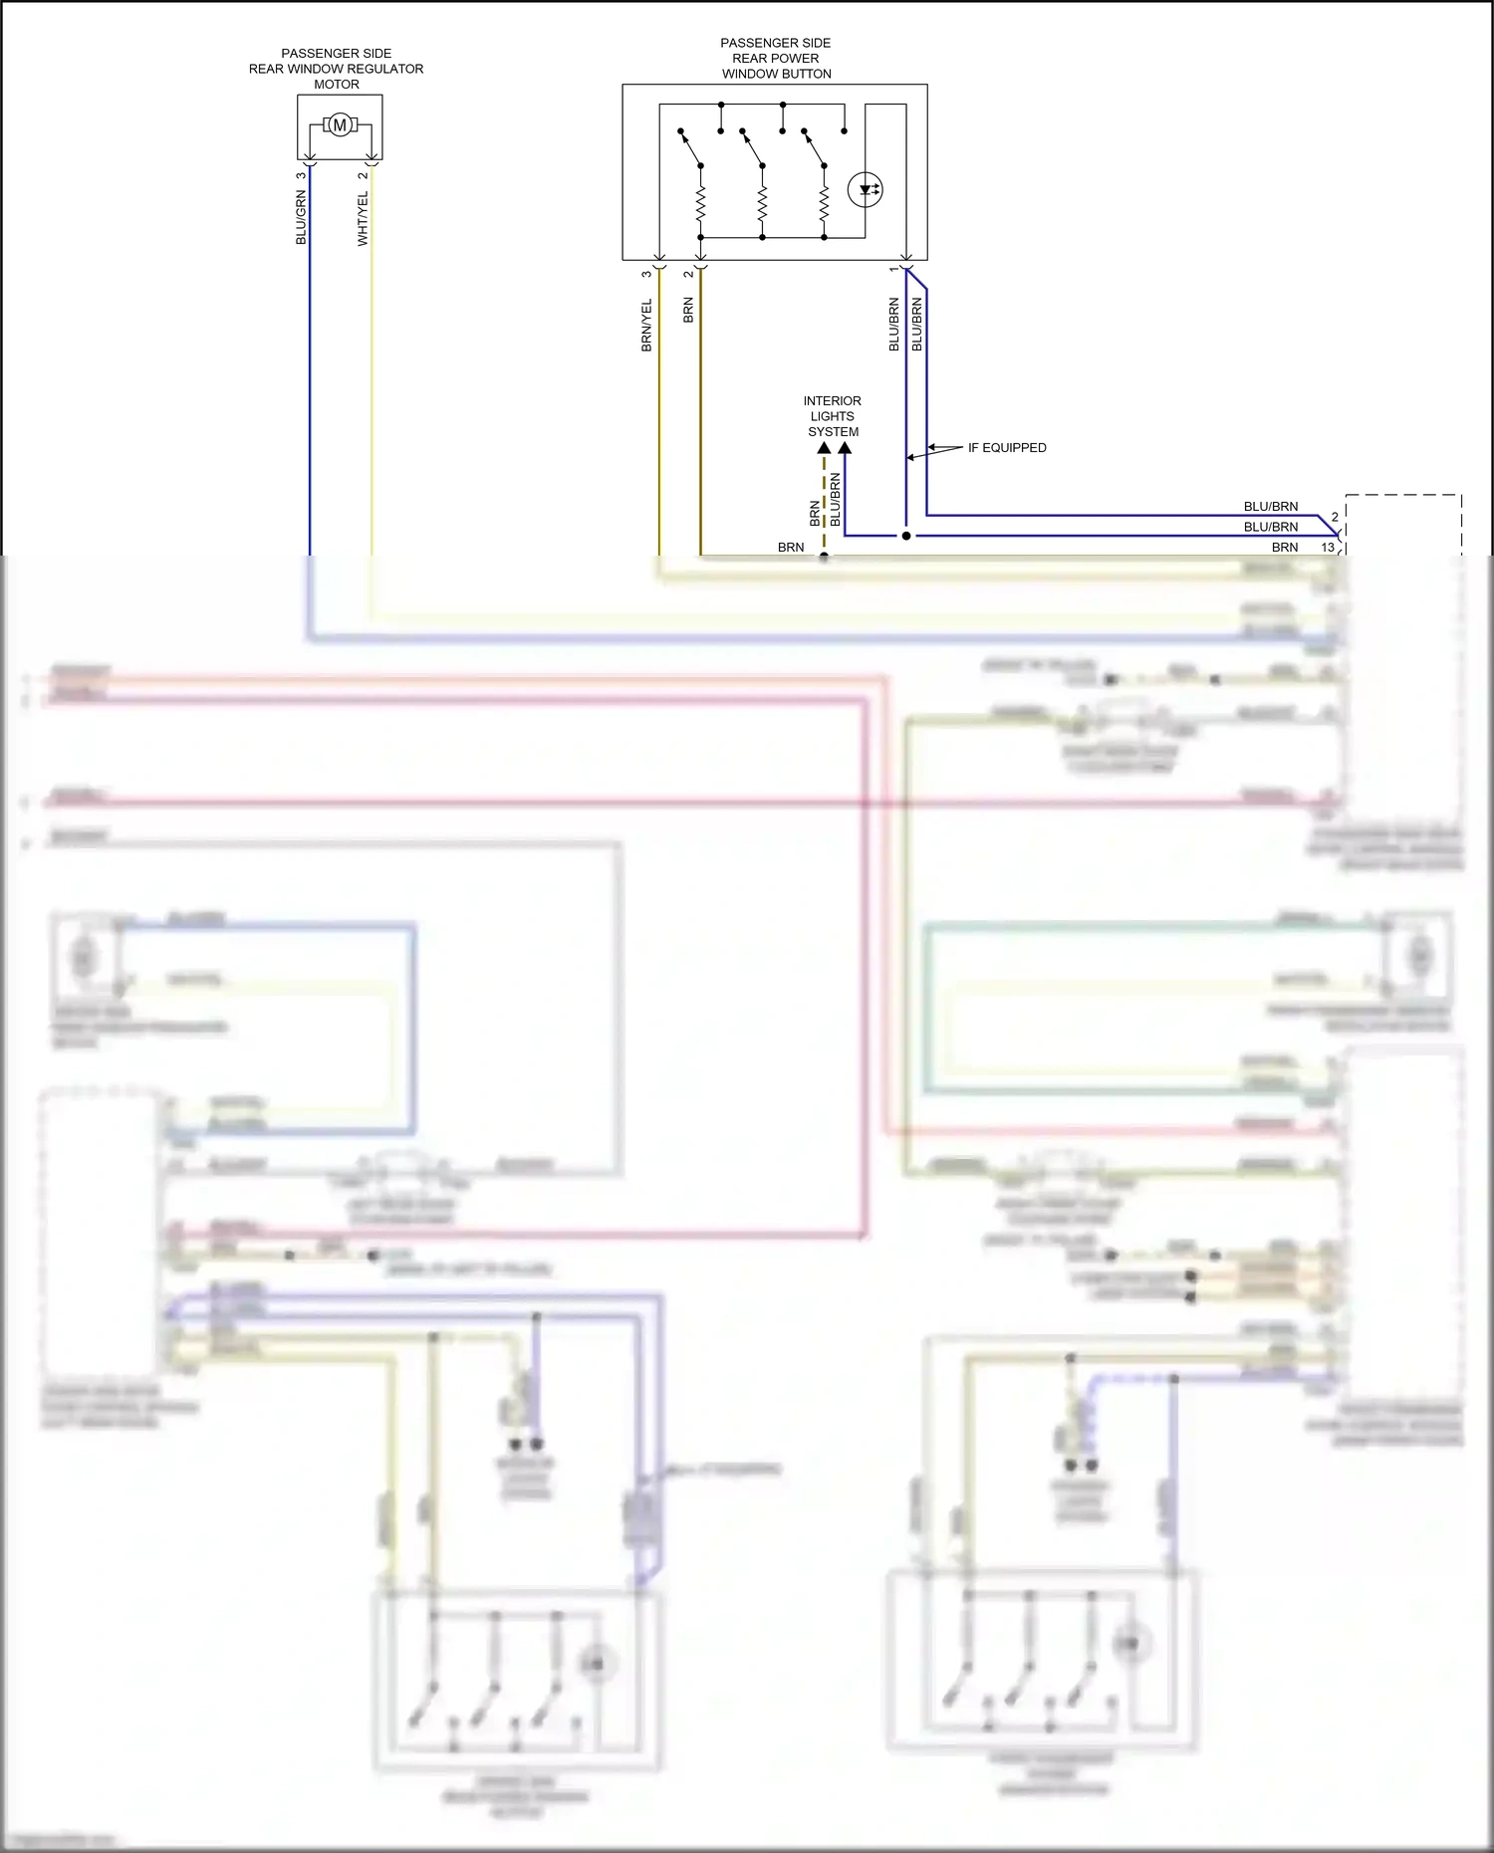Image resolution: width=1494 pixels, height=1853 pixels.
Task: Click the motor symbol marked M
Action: [x=340, y=125]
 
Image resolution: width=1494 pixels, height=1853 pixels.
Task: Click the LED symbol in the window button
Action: [x=865, y=189]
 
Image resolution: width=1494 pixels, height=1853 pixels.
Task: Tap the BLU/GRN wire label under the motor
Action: [x=301, y=218]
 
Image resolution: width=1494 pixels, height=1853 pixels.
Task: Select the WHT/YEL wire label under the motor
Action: [x=363, y=219]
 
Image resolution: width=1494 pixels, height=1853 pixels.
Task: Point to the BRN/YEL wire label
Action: [x=646, y=325]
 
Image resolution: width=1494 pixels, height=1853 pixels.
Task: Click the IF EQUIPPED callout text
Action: [x=1007, y=448]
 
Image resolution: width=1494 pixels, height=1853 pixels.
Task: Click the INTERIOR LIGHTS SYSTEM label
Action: [x=833, y=416]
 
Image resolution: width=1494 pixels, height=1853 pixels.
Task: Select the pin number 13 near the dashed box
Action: [x=1327, y=548]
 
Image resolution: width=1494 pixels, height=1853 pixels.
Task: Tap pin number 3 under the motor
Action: [x=301, y=176]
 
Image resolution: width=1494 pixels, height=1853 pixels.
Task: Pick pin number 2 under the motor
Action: [x=363, y=176]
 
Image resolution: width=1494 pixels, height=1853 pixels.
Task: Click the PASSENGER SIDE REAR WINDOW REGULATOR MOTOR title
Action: [x=337, y=69]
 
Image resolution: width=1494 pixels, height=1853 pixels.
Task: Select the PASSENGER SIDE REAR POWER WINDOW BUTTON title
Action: [x=776, y=59]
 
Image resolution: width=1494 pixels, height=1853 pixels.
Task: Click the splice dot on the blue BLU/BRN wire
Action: [x=906, y=536]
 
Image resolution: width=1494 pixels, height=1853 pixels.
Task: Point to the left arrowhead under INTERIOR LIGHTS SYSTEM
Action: [x=824, y=449]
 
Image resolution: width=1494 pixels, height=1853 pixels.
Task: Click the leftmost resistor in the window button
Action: [x=701, y=205]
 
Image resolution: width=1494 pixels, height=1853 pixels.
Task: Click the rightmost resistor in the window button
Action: [x=824, y=205]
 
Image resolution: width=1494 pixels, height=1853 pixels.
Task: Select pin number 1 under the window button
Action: [x=893, y=270]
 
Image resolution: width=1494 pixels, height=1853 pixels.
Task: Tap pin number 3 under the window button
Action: [x=646, y=274]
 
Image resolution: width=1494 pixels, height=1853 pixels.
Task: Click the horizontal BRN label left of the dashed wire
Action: [x=791, y=548]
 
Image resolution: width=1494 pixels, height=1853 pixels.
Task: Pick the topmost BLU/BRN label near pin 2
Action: [x=1271, y=507]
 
